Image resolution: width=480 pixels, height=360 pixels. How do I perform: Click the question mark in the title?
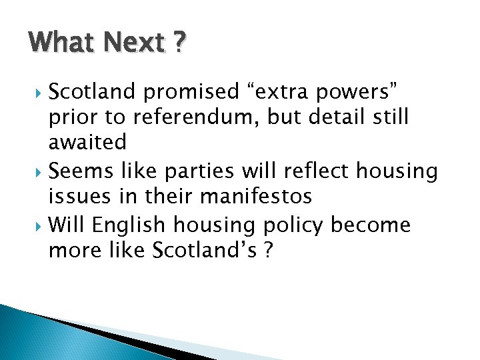(179, 43)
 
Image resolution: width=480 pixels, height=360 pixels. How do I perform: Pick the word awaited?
(87, 143)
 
